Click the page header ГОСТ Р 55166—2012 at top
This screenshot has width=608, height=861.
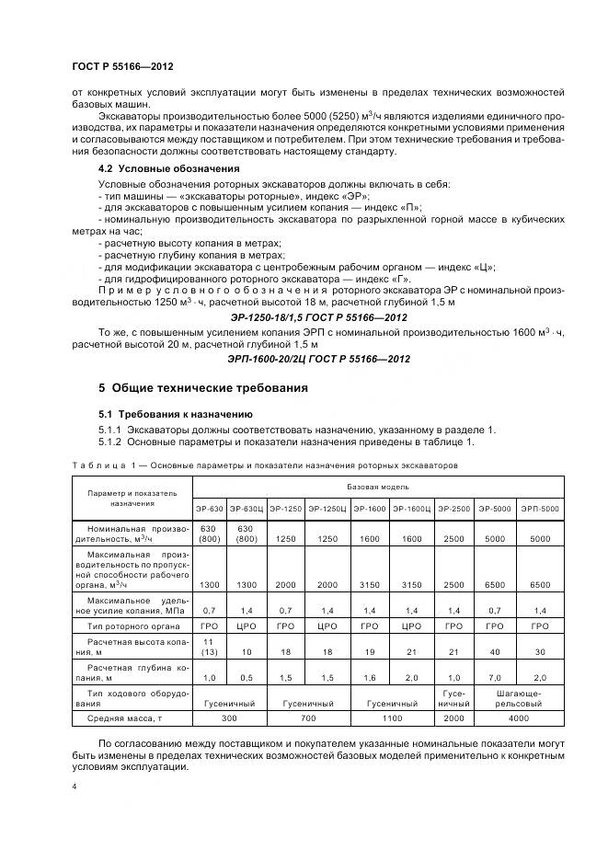point(122,67)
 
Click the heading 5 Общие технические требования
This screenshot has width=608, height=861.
point(202,387)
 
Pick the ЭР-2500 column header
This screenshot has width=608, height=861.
point(453,508)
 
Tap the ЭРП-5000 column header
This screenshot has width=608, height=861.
point(539,508)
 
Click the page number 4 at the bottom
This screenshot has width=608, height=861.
point(74,787)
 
